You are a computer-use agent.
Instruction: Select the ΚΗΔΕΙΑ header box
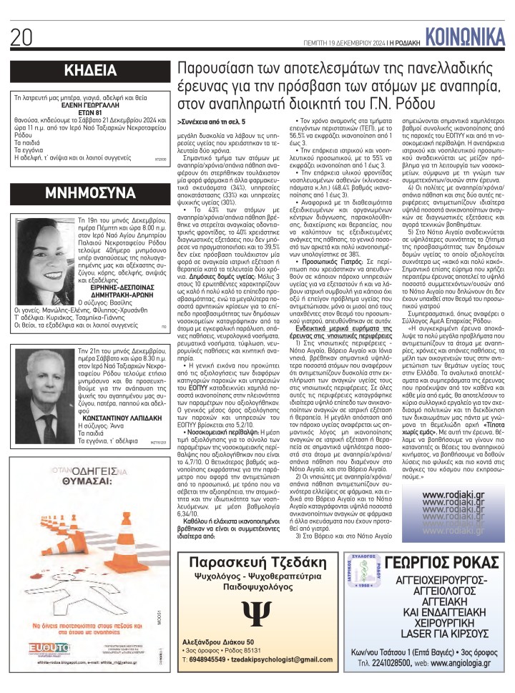click(x=90, y=71)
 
